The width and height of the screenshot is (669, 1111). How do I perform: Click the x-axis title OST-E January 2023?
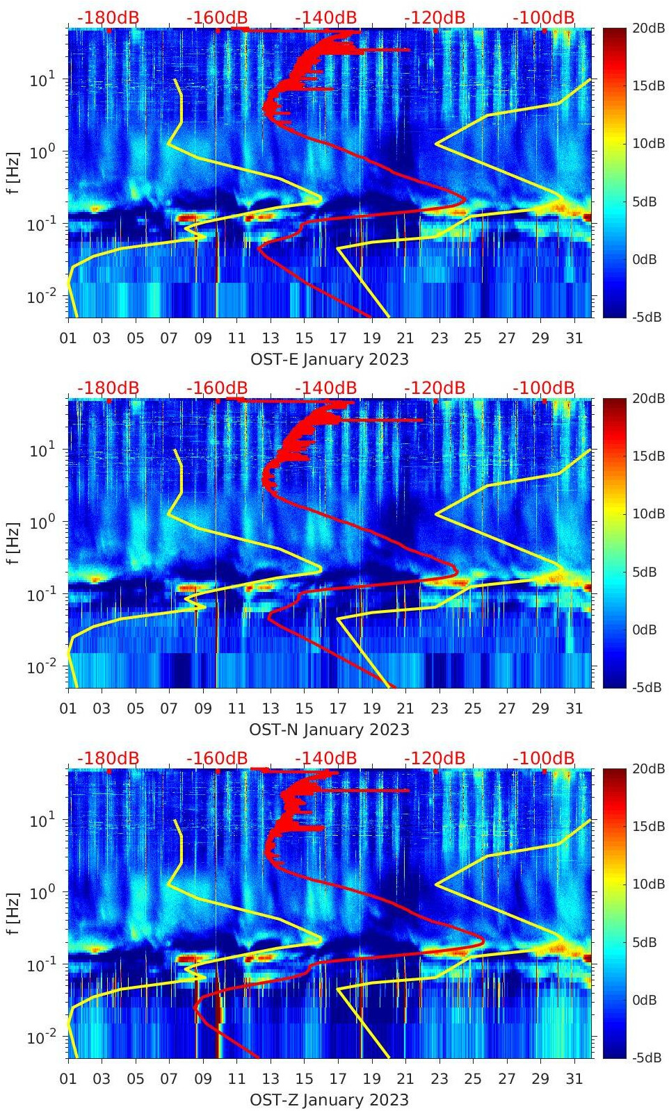(329, 359)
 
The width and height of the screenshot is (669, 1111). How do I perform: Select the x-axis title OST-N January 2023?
(329, 730)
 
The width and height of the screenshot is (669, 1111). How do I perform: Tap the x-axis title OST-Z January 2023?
(329, 1100)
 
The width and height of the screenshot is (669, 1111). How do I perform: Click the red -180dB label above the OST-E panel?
(108, 17)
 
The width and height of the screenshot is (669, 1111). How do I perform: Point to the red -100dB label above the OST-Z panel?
(544, 758)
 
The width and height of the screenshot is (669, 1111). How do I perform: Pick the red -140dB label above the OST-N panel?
(325, 388)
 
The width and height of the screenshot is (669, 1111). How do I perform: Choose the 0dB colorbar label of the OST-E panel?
(644, 259)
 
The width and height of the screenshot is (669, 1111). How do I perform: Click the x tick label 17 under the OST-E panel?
(338, 338)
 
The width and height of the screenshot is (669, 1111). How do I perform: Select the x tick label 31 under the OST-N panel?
(574, 709)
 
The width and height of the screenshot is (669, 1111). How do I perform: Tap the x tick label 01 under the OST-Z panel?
(68, 1079)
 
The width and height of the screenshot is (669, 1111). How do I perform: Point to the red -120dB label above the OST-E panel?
(435, 17)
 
